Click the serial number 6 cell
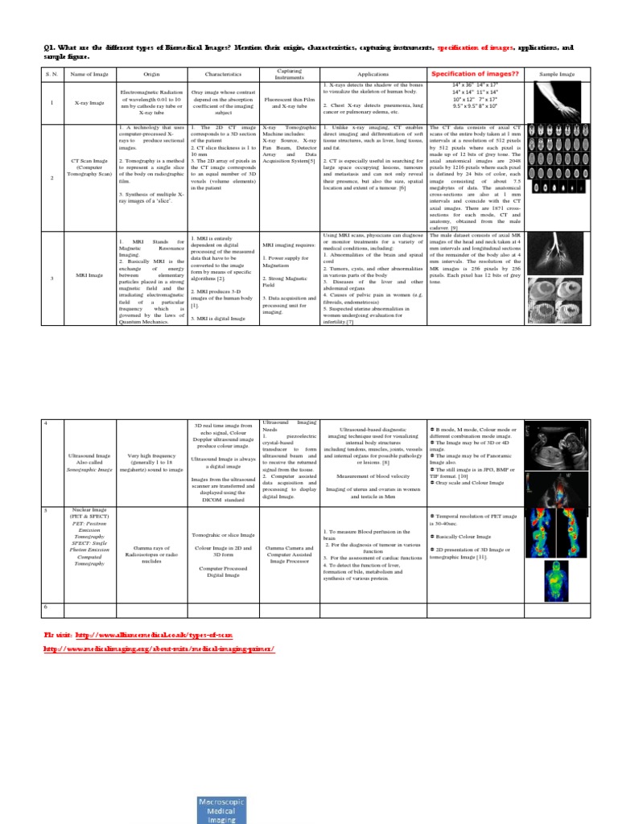pos(46,608)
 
